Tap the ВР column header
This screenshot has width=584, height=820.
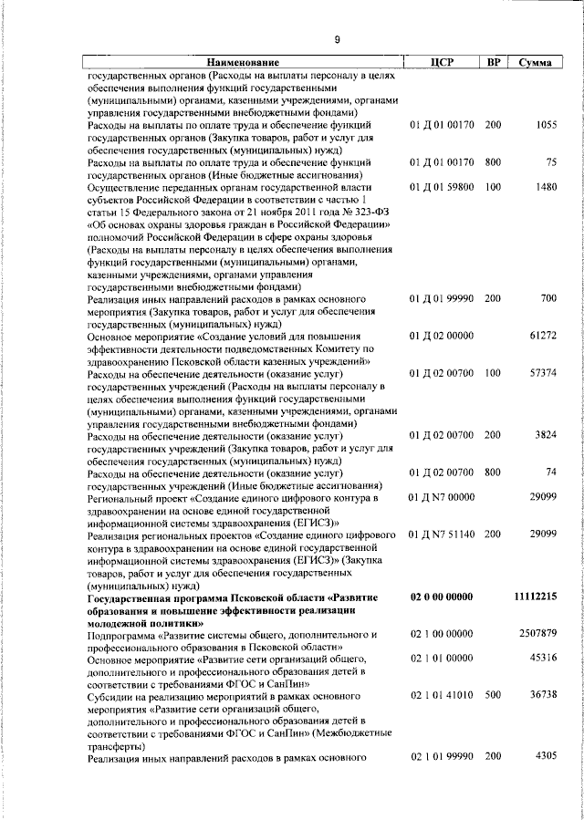tap(493, 62)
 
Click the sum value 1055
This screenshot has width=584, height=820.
tap(545, 125)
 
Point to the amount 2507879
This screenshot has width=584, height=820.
tap(537, 633)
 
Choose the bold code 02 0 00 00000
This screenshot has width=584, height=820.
tap(442, 597)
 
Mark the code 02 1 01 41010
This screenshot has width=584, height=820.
tap(442, 695)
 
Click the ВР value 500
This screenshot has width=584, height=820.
tap(493, 695)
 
